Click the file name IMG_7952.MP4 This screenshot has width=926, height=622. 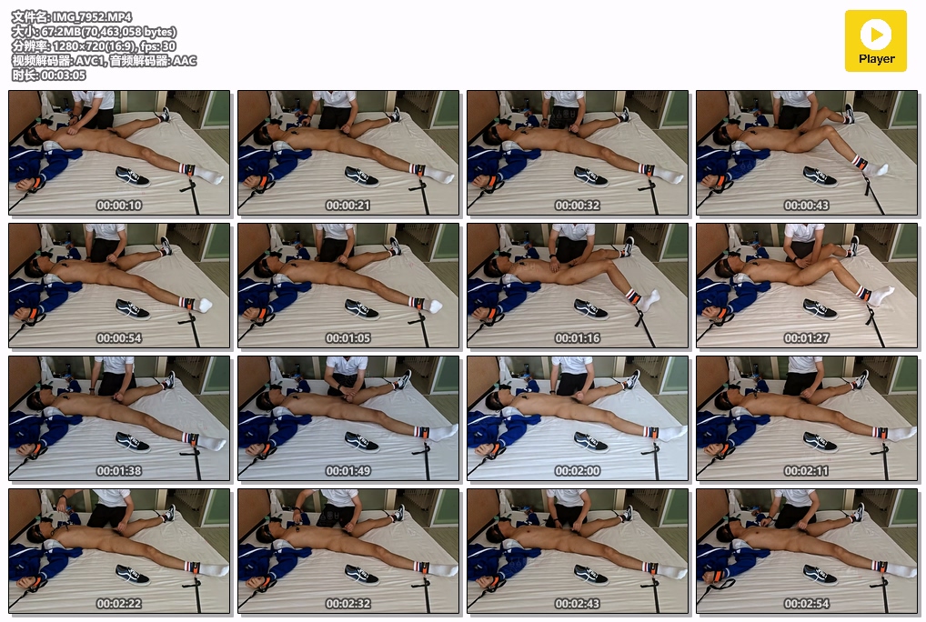click(x=92, y=17)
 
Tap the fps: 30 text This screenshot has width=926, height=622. click(x=158, y=46)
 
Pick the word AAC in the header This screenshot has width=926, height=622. click(x=185, y=61)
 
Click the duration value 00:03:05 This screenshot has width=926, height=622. click(x=63, y=75)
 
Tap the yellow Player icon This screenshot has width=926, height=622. click(x=876, y=41)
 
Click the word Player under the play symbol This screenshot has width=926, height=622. click(x=876, y=59)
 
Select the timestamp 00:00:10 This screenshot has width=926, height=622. click(x=118, y=206)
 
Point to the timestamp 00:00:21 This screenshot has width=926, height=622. click(x=347, y=206)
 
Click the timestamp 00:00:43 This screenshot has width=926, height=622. click(x=806, y=206)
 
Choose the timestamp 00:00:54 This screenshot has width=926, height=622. click(x=118, y=338)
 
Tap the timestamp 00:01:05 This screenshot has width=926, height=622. click(x=347, y=338)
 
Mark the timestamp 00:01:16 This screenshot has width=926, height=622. click(x=577, y=338)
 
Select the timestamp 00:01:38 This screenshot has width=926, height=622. click(x=118, y=471)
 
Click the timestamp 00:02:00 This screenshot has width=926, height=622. click(x=577, y=471)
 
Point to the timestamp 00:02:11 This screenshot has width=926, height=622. click(x=806, y=471)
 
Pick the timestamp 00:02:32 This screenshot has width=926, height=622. click(x=347, y=604)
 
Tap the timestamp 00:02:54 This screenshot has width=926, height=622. click(x=806, y=604)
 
